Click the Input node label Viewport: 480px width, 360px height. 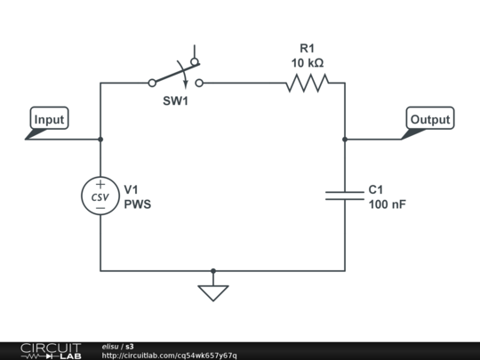click(x=49, y=119)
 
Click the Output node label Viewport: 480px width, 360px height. click(x=430, y=119)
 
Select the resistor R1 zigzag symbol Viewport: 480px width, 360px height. click(x=307, y=84)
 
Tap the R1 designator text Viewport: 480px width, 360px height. click(x=308, y=48)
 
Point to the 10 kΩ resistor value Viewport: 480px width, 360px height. click(x=308, y=63)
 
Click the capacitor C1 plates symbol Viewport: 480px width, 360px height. click(x=345, y=194)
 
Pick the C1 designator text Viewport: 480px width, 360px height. click(x=376, y=189)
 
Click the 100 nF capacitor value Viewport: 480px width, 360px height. click(x=387, y=204)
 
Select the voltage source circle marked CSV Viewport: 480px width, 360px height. click(x=100, y=196)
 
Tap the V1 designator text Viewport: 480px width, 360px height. click(x=131, y=189)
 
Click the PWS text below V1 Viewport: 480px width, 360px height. click(x=137, y=204)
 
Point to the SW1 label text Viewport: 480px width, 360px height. click(x=175, y=100)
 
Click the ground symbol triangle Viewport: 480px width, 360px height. click(x=213, y=292)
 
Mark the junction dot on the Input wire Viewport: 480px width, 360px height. click(x=100, y=140)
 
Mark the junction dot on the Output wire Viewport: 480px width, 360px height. click(x=345, y=140)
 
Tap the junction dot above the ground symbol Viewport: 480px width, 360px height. click(x=213, y=270)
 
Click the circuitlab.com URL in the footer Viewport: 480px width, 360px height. click(x=169, y=356)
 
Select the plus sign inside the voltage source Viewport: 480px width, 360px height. click(x=100, y=184)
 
